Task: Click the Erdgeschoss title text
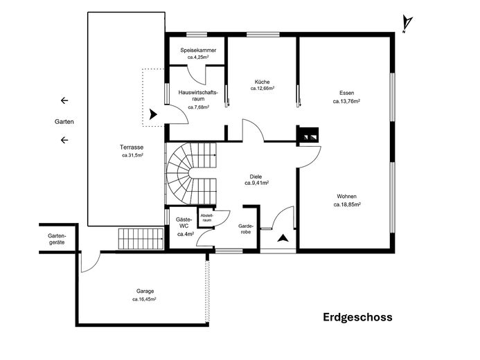[357, 318]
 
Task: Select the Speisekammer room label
[198, 51]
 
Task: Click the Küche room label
[263, 82]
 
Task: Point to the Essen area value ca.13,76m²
[346, 101]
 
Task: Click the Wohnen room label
[346, 196]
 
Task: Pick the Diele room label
[256, 176]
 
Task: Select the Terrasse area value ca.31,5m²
[132, 156]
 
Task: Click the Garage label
[145, 291]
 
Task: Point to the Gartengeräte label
[56, 239]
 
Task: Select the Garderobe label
[246, 228]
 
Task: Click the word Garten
[64, 121]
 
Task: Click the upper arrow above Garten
[64, 101]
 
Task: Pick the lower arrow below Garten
[64, 141]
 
